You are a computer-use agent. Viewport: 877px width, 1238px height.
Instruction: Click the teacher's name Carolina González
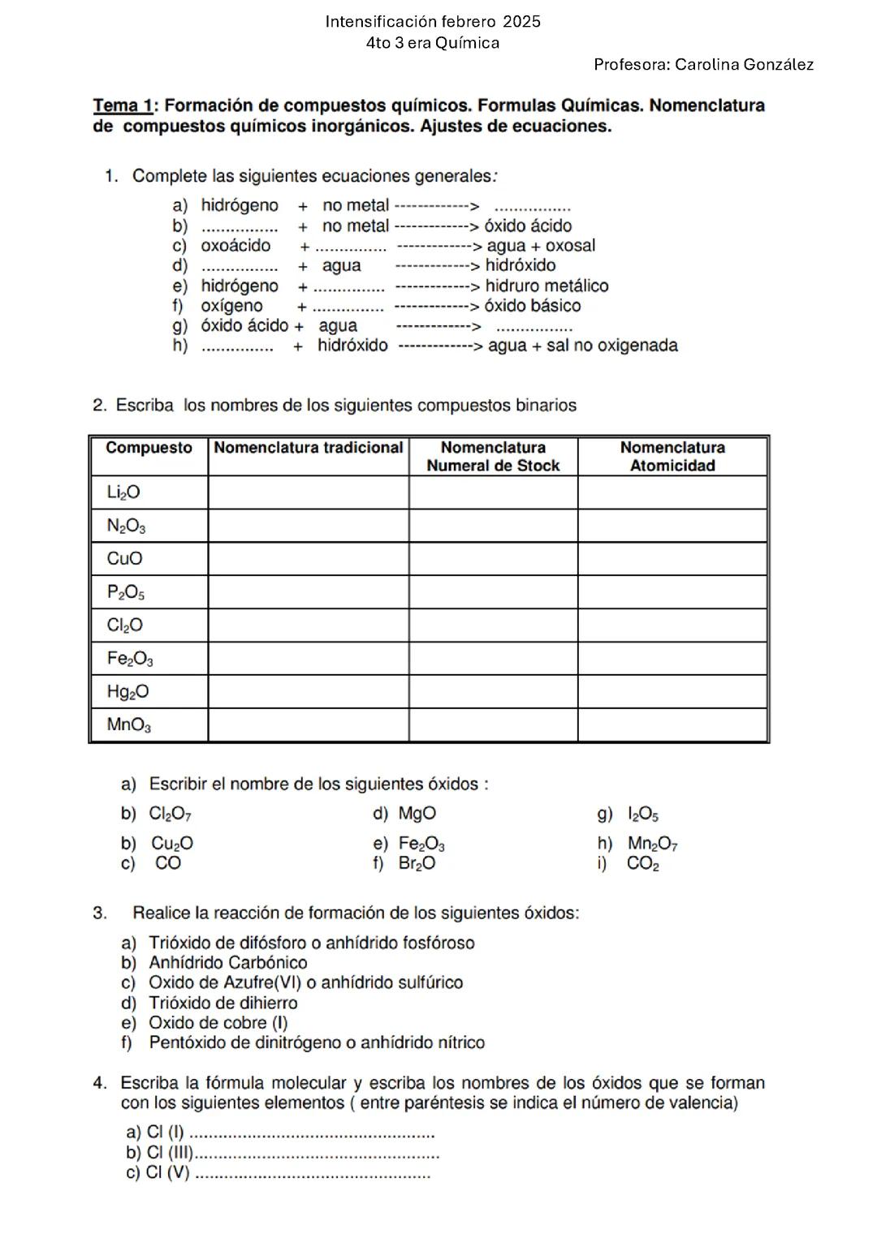click(744, 65)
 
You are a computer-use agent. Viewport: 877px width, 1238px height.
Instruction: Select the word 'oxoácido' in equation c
click(235, 246)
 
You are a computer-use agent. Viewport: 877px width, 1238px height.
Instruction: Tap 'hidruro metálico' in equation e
click(547, 286)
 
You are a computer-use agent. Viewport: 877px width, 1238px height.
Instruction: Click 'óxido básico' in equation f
click(533, 306)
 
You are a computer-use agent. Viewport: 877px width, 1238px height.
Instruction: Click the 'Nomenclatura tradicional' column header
click(308, 448)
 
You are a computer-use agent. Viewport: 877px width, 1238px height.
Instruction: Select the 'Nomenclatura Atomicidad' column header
click(672, 456)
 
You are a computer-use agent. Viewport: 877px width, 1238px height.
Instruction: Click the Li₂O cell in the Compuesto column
click(123, 492)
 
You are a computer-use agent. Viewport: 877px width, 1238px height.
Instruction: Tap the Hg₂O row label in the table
click(127, 692)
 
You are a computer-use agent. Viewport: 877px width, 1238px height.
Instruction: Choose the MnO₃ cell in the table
click(128, 725)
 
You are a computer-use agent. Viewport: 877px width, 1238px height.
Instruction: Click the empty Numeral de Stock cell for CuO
click(493, 559)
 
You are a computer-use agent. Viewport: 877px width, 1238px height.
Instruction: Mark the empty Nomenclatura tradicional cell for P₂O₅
click(308, 592)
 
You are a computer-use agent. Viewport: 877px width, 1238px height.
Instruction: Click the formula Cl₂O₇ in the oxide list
click(170, 814)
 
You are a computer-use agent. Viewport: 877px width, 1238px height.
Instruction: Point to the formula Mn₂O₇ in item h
click(652, 844)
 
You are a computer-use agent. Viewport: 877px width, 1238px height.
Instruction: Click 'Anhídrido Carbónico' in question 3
click(227, 963)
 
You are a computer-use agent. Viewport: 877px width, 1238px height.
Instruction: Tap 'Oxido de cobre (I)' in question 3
click(218, 1023)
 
